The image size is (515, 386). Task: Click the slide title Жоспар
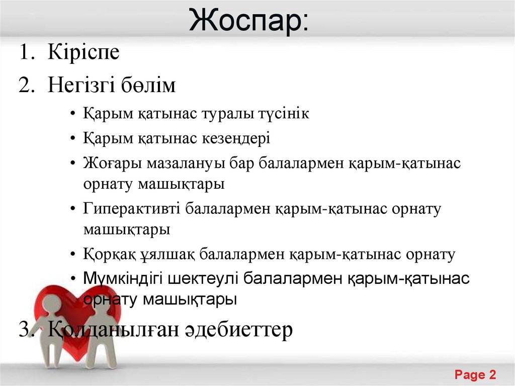pyautogui.click(x=250, y=21)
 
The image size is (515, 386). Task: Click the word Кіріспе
pyautogui.click(x=84, y=52)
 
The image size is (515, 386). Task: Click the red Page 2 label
pyautogui.click(x=475, y=374)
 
